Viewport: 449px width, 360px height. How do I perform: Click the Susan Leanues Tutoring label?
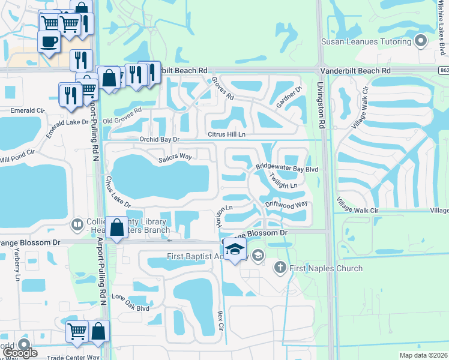pos(366,41)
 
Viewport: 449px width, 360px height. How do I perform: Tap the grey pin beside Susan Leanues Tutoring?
pos(420,41)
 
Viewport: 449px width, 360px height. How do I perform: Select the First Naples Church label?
pos(327,268)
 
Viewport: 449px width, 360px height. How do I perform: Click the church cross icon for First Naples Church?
pos(280,268)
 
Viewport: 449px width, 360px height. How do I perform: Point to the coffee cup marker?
pos(49,41)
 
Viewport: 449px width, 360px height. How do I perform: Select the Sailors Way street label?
pos(175,157)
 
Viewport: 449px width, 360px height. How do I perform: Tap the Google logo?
pos(20,353)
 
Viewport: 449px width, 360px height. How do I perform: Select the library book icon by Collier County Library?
pos(77,225)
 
